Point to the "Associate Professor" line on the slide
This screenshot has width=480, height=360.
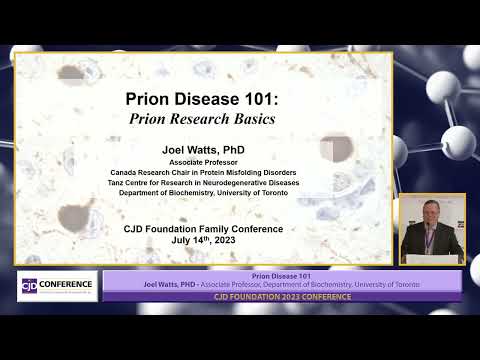pyautogui.click(x=204, y=162)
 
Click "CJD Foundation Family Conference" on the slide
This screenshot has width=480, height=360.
pyautogui.click(x=204, y=229)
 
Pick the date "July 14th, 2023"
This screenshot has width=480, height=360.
pyautogui.click(x=204, y=240)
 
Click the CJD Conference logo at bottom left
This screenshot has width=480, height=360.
pyautogui.click(x=57, y=284)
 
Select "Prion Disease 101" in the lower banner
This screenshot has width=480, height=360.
pyautogui.click(x=282, y=275)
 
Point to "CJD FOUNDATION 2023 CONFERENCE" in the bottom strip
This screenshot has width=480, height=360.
pyautogui.click(x=282, y=296)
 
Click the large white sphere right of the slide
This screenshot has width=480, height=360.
pyautogui.click(x=458, y=140)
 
